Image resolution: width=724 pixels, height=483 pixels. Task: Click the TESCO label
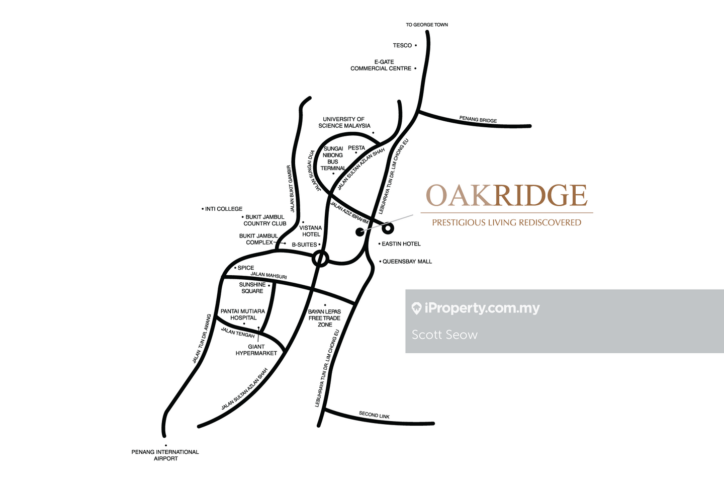[402, 45]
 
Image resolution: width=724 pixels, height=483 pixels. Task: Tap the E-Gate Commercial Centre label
[381, 65]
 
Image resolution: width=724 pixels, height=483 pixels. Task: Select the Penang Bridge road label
[478, 120]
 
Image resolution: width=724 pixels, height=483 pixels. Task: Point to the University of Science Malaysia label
[344, 123]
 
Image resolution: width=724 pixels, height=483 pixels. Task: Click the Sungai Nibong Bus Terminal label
[333, 158]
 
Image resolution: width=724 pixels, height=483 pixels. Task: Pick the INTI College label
[224, 209]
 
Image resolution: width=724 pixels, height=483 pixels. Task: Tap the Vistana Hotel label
[311, 231]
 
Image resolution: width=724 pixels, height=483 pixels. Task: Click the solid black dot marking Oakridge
[360, 232]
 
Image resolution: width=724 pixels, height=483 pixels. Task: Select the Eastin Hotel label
[401, 244]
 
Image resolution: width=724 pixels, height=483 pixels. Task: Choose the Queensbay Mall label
[407, 262]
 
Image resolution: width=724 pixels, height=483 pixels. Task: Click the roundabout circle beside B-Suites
[320, 259]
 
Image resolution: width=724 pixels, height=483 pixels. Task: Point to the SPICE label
[245, 268]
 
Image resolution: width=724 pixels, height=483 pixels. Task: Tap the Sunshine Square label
[252, 288]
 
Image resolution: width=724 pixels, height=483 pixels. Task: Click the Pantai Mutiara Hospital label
[243, 314]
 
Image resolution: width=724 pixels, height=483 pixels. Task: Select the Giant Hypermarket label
[256, 350]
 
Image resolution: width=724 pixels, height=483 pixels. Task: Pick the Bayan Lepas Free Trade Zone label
[324, 318]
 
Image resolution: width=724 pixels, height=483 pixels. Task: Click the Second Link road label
[374, 415]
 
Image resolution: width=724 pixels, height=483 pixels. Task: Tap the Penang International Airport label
[165, 455]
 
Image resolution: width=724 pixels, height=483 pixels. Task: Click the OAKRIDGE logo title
[507, 196]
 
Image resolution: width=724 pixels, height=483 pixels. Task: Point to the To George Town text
[427, 25]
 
